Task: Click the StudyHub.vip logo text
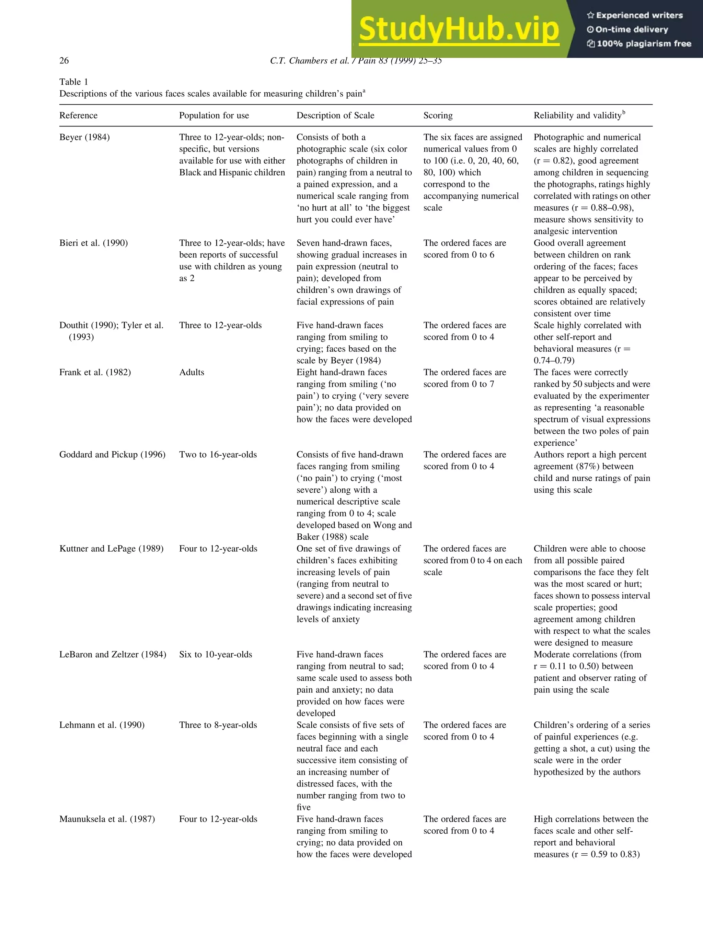[x=459, y=29]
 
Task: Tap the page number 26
[x=64, y=61]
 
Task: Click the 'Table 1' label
[x=73, y=82]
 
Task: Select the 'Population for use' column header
[x=214, y=115]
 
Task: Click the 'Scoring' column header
[x=438, y=115]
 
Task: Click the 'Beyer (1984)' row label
[x=84, y=137]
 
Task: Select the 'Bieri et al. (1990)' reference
[x=93, y=243]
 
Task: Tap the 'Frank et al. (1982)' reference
[x=95, y=372]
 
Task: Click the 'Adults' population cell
[x=192, y=372]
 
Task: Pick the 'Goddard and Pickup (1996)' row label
[x=112, y=455]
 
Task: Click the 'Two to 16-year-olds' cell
[x=218, y=455]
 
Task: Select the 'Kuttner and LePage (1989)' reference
[x=111, y=549]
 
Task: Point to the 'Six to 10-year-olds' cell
[x=215, y=654]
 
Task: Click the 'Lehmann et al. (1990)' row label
[x=102, y=725]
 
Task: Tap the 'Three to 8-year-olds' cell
[x=218, y=725]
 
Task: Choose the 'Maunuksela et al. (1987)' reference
[x=107, y=819]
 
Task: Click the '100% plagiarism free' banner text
[x=643, y=44]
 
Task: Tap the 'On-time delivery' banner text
[x=631, y=29]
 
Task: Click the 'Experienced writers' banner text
[x=639, y=15]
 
